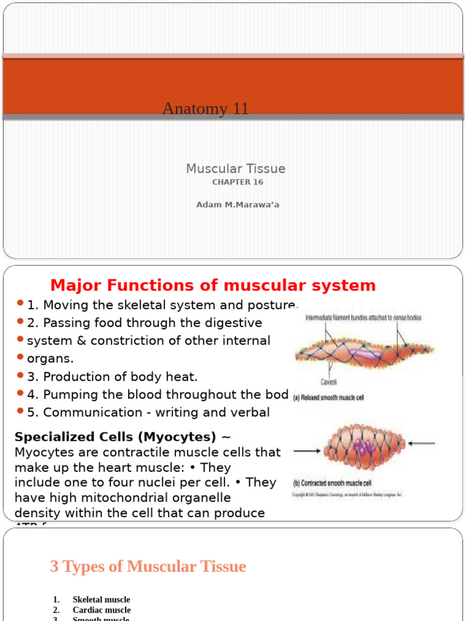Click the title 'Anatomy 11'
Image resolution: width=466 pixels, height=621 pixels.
[206, 109]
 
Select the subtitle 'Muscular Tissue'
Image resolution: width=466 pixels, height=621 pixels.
[235, 169]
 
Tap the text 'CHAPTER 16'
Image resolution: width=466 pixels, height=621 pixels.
[237, 182]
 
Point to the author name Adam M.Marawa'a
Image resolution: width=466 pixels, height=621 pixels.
[237, 204]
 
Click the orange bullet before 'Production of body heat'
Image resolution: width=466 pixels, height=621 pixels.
[21, 376]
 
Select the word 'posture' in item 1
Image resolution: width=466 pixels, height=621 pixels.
[274, 305]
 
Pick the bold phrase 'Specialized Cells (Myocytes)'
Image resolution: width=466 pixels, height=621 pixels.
[115, 437]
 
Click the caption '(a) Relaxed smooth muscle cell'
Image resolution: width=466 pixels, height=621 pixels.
[337, 398]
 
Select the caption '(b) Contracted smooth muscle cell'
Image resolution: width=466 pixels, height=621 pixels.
[333, 483]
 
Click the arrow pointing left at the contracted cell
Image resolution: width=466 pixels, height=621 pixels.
[422, 444]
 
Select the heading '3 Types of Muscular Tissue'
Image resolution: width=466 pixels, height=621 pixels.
[147, 566]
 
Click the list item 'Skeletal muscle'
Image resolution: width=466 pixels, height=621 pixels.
[101, 599]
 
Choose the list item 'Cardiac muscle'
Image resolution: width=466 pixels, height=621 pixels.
[101, 609]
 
